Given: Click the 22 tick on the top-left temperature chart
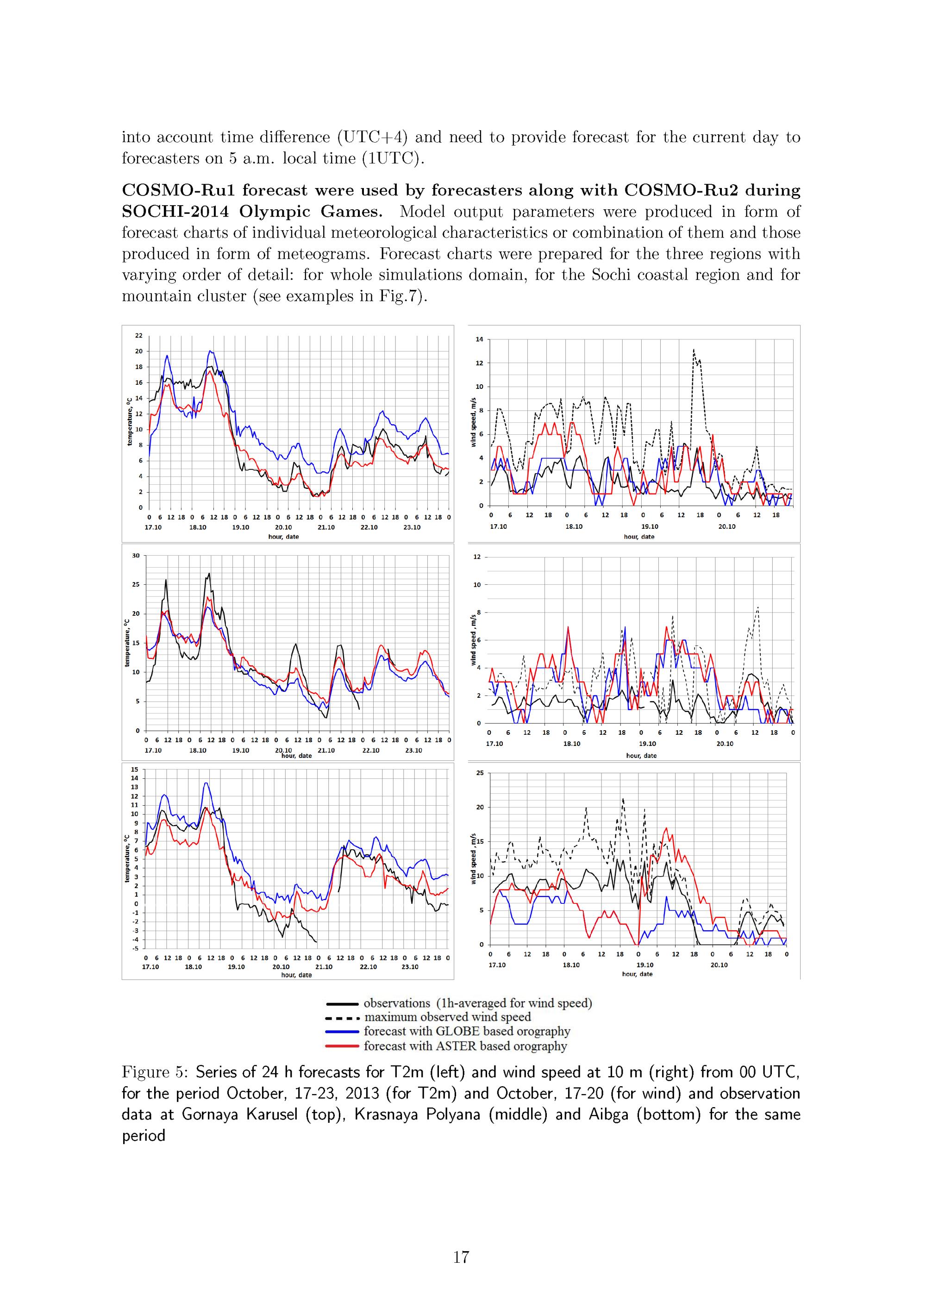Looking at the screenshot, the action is point(138,335).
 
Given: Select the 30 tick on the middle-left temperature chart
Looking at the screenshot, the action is point(136,555).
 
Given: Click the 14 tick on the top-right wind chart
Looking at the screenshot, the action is point(479,339).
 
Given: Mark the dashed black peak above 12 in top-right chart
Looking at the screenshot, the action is point(694,350).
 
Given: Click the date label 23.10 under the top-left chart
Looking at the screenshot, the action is point(412,527).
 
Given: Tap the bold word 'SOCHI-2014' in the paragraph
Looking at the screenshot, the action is point(175,212).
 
